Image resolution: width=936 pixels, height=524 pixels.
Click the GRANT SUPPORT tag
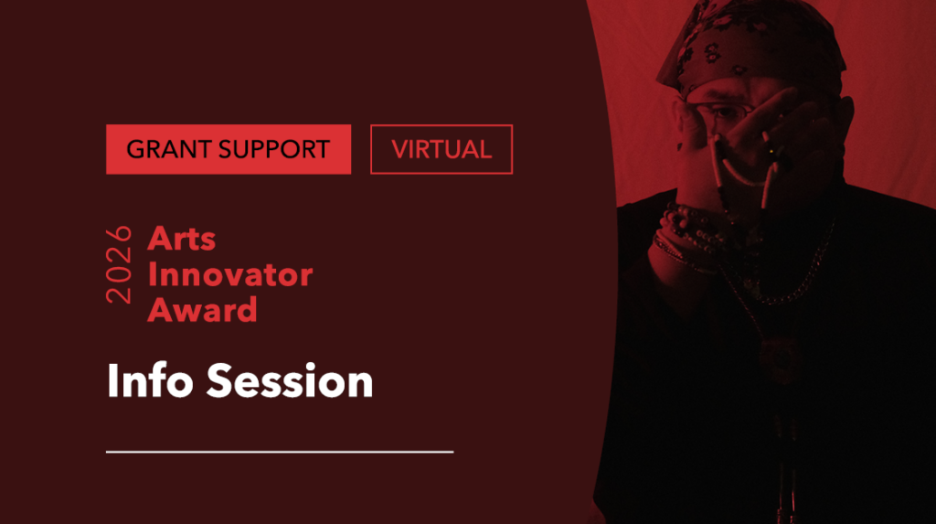click(x=228, y=149)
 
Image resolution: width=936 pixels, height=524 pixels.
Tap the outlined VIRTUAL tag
click(x=441, y=149)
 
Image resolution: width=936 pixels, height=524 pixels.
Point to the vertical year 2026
click(x=120, y=265)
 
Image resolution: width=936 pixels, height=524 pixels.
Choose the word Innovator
click(x=229, y=273)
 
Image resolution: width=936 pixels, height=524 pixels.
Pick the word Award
click(x=202, y=309)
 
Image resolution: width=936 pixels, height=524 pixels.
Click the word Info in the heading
click(x=149, y=380)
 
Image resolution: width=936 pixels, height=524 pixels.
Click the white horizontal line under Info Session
click(x=280, y=451)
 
